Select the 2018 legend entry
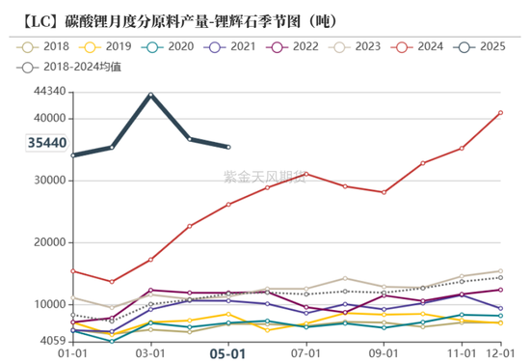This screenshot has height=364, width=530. click(x=43, y=45)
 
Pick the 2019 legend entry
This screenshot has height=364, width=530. click(x=106, y=45)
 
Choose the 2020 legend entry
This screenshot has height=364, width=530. click(x=168, y=45)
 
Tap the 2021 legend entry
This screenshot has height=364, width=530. click(x=230, y=45)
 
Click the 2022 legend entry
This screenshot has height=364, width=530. click(x=293, y=45)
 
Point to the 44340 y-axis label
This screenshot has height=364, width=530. click(x=47, y=92)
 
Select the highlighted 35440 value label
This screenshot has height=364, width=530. click(x=46, y=143)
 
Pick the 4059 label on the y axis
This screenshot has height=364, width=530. click(x=50, y=341)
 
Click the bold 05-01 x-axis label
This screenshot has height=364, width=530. click(x=228, y=353)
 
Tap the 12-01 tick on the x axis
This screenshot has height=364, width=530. click(x=500, y=353)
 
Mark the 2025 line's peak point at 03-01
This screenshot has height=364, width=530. click(x=151, y=95)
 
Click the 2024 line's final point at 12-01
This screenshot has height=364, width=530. click(x=500, y=112)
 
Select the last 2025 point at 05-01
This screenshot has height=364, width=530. click(x=228, y=147)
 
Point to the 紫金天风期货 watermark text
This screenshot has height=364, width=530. click(x=262, y=178)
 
